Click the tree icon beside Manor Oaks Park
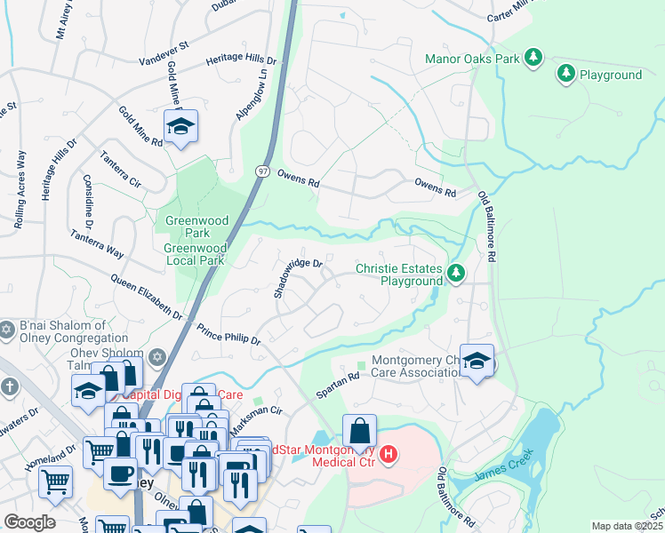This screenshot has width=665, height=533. point(533,59)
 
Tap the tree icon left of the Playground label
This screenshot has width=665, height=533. point(565,74)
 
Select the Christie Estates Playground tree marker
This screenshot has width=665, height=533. point(456,273)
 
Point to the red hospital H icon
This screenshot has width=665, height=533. point(389,455)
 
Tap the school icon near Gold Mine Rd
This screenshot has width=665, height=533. point(180,127)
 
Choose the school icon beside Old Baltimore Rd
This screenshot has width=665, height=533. point(477,361)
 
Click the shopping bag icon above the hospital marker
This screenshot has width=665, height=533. point(359,432)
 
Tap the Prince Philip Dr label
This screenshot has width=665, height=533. point(228,333)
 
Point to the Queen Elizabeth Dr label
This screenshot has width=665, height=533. point(146,298)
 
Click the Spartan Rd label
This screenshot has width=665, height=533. point(339,384)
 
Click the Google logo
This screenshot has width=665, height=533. point(29,522)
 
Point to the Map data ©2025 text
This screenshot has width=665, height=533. point(627,526)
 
